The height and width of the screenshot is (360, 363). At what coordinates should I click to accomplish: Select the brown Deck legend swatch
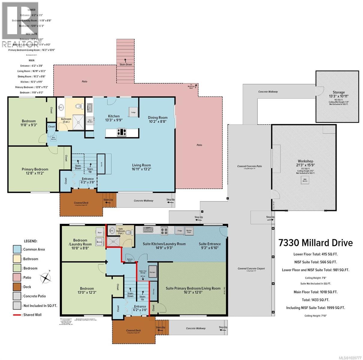point(17,286)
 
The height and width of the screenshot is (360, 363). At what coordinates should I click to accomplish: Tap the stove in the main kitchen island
point(122,132)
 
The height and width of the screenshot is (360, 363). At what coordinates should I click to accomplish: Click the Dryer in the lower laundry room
point(99,232)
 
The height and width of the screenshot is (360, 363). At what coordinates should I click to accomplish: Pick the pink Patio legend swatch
point(17,277)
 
